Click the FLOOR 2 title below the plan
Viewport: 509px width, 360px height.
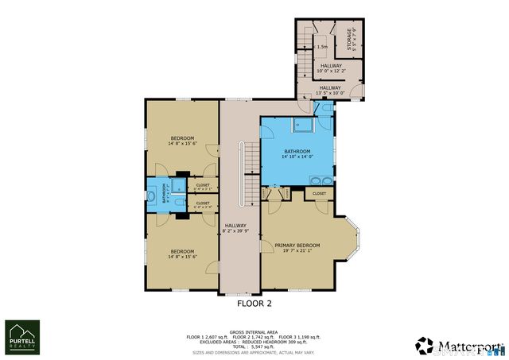pyautogui.click(x=254, y=304)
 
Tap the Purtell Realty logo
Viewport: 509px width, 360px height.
pyautogui.click(x=22, y=337)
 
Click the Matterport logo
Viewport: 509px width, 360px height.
pyautogui.click(x=459, y=346)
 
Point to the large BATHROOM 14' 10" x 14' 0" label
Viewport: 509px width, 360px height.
pyautogui.click(x=297, y=153)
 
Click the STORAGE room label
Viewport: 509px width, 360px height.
pyautogui.click(x=348, y=38)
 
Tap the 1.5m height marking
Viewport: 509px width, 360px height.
pyautogui.click(x=321, y=47)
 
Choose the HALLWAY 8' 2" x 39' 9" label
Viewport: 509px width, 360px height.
pyautogui.click(x=235, y=228)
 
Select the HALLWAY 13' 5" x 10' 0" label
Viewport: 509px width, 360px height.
pyautogui.click(x=330, y=90)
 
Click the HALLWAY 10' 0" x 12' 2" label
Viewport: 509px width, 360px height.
pyautogui.click(x=331, y=68)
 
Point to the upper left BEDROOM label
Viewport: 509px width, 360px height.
pyautogui.click(x=181, y=140)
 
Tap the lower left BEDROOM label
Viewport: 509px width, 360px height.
pyautogui.click(x=182, y=254)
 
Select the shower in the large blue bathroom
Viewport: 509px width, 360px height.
pyautogui.click(x=302, y=124)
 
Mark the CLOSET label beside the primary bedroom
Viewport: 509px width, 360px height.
pyautogui.click(x=319, y=193)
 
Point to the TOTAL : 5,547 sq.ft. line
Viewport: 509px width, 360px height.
pyautogui.click(x=254, y=346)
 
